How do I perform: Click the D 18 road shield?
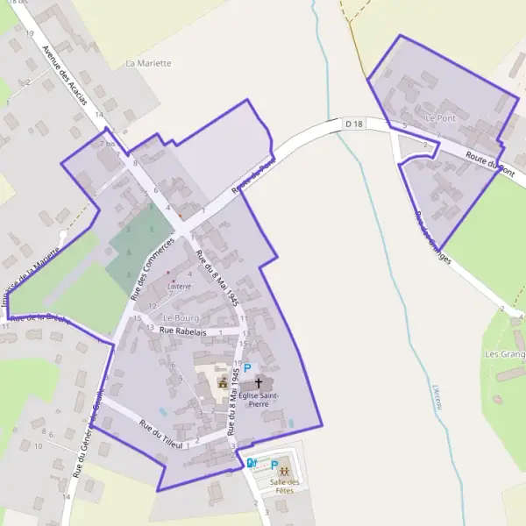354,124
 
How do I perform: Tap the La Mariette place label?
148,64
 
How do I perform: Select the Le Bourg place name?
181,317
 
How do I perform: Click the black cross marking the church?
258,383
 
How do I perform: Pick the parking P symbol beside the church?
247,369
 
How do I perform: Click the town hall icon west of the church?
223,383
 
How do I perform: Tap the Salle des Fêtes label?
284,486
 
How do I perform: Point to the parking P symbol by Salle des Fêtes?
274,465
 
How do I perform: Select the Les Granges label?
504,354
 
